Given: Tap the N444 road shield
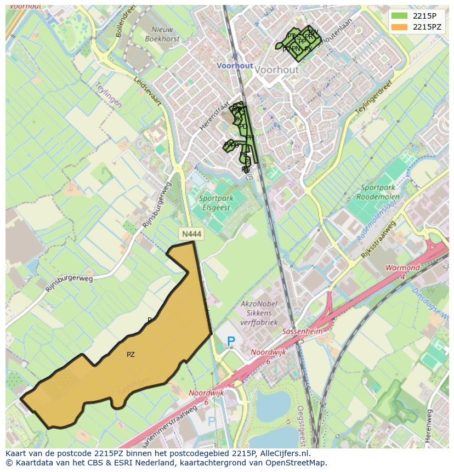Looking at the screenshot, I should click(x=191, y=234).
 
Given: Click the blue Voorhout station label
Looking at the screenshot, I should click(x=235, y=65).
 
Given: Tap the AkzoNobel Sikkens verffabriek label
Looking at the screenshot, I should click(x=259, y=313).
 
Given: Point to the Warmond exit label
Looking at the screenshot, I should click(x=402, y=271).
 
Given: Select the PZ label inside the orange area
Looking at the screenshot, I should click(x=130, y=355).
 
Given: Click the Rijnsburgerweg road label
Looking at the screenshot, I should click(x=70, y=283).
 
